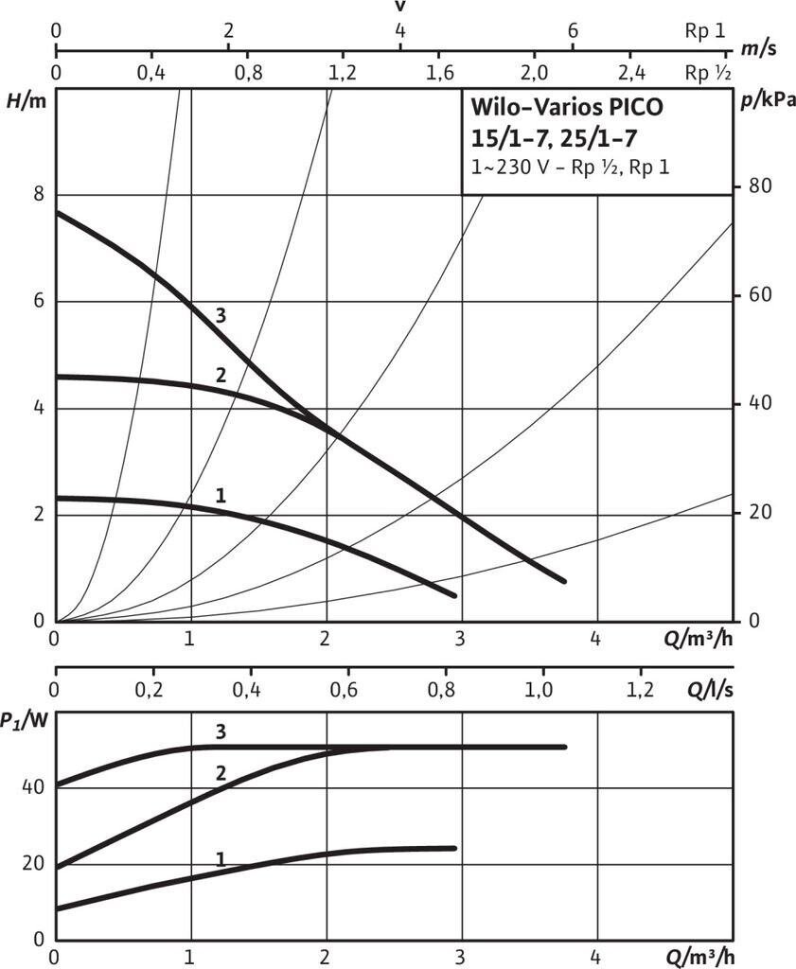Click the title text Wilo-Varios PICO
click(x=568, y=107)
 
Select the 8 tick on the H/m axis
click(x=39, y=194)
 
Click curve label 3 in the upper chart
click(x=220, y=315)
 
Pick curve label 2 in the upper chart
click(x=220, y=375)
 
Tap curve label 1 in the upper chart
click(x=220, y=495)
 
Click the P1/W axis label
click(x=25, y=722)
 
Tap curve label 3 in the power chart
click(x=220, y=731)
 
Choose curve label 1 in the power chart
click(x=220, y=859)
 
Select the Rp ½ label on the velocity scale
click(x=709, y=73)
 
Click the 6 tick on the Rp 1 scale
click(x=573, y=29)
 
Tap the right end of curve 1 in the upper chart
click(x=454, y=595)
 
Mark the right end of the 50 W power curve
click(x=564, y=747)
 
